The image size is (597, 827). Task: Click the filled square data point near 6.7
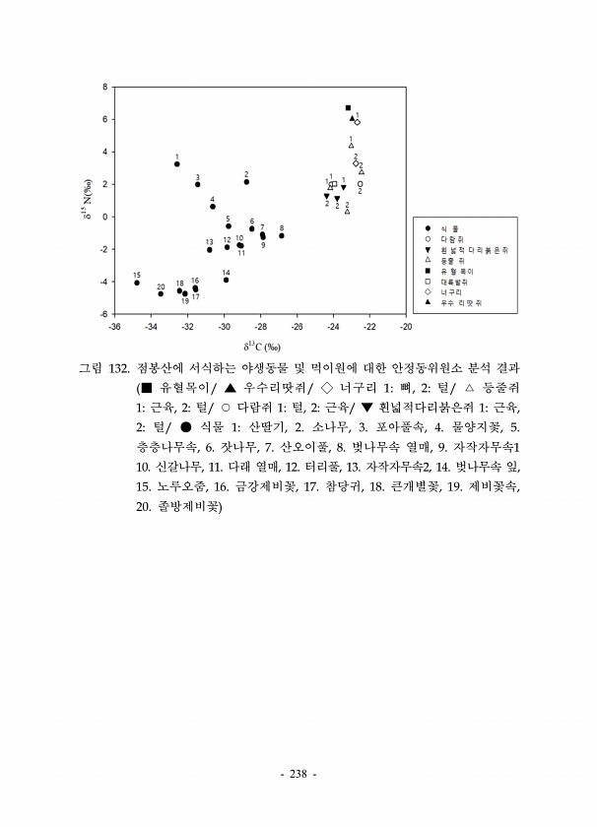pos(348,107)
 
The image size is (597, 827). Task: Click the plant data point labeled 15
pos(137,283)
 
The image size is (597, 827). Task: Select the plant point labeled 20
pos(161,293)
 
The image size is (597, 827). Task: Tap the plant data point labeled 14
pos(227,280)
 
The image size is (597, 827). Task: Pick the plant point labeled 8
pos(282,235)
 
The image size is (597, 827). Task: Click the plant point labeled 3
pos(198,184)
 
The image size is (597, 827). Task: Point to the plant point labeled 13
pos(210,250)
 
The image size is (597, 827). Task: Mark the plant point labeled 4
pos(213,207)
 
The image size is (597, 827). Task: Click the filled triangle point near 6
pos(352,118)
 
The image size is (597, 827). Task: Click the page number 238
pos(298,772)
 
